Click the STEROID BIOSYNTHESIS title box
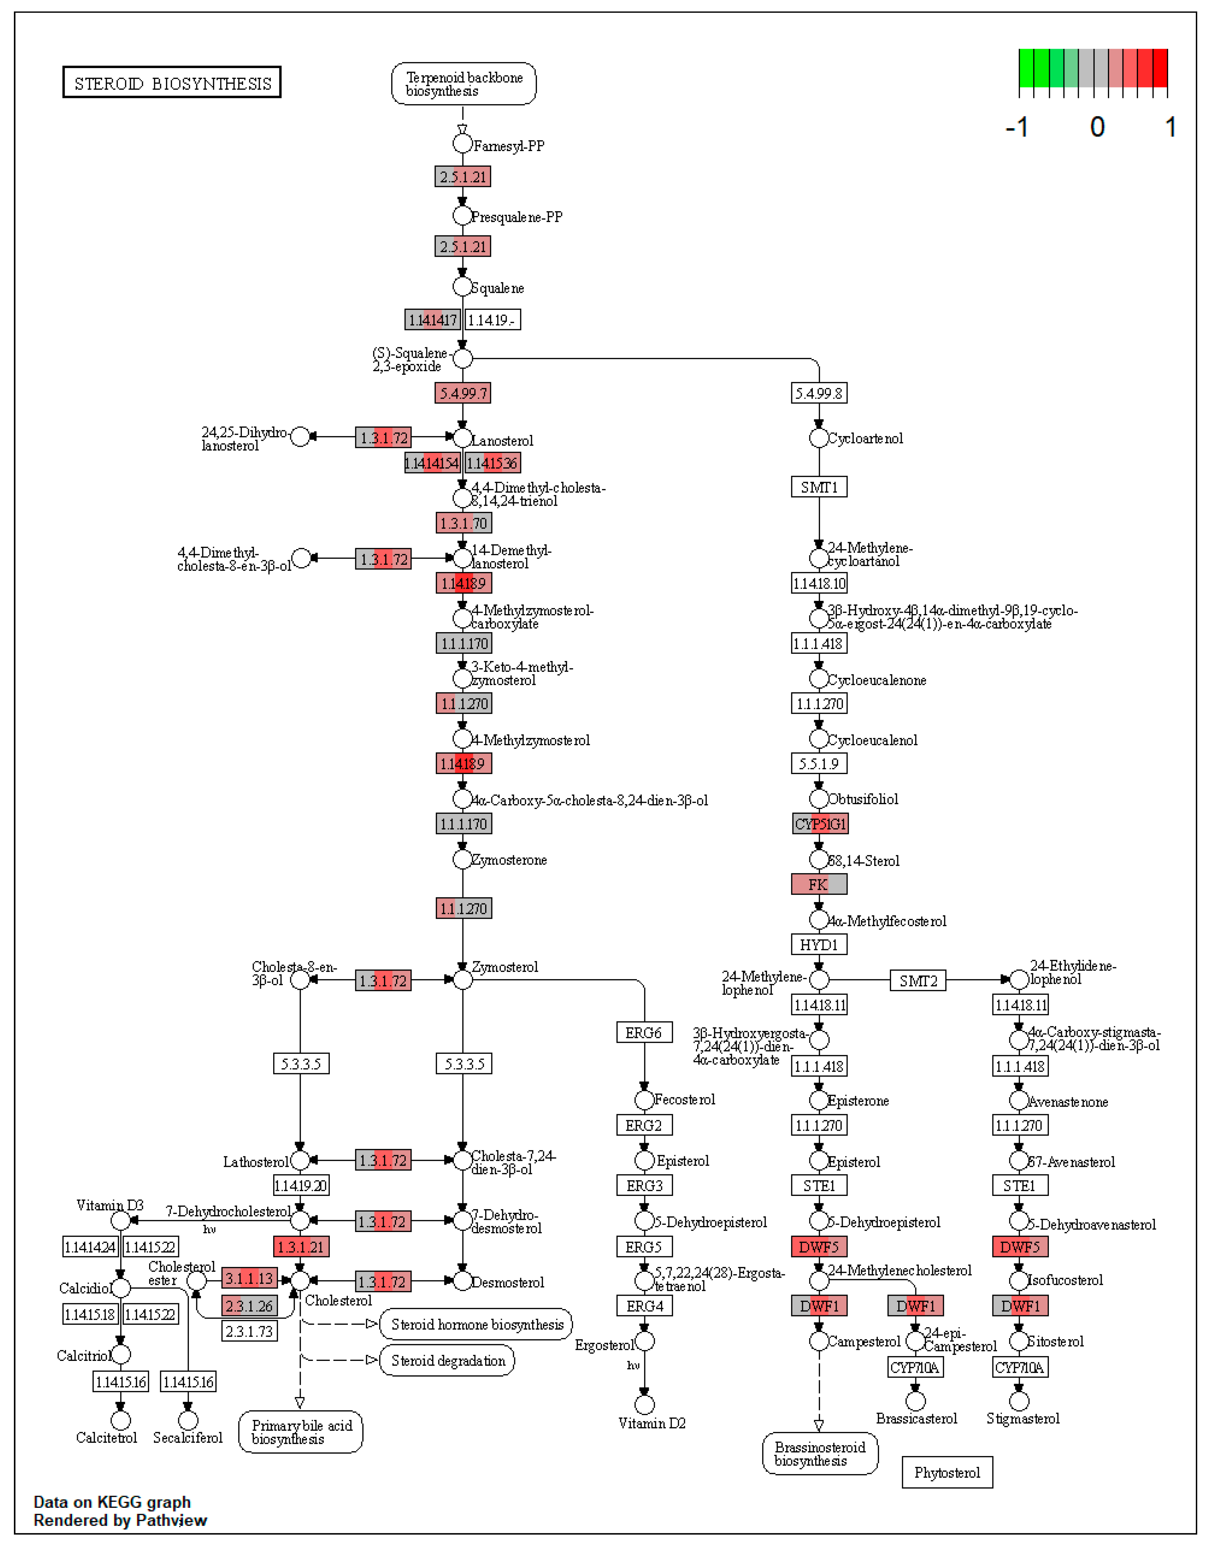(x=172, y=82)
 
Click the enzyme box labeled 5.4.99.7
(x=463, y=393)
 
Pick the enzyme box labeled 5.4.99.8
(x=819, y=393)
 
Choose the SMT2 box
(x=918, y=981)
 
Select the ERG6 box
(x=643, y=1033)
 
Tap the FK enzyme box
(x=819, y=884)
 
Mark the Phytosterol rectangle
(x=947, y=1472)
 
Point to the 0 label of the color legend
(x=1097, y=127)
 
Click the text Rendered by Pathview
(x=120, y=1520)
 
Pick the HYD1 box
(x=819, y=944)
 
